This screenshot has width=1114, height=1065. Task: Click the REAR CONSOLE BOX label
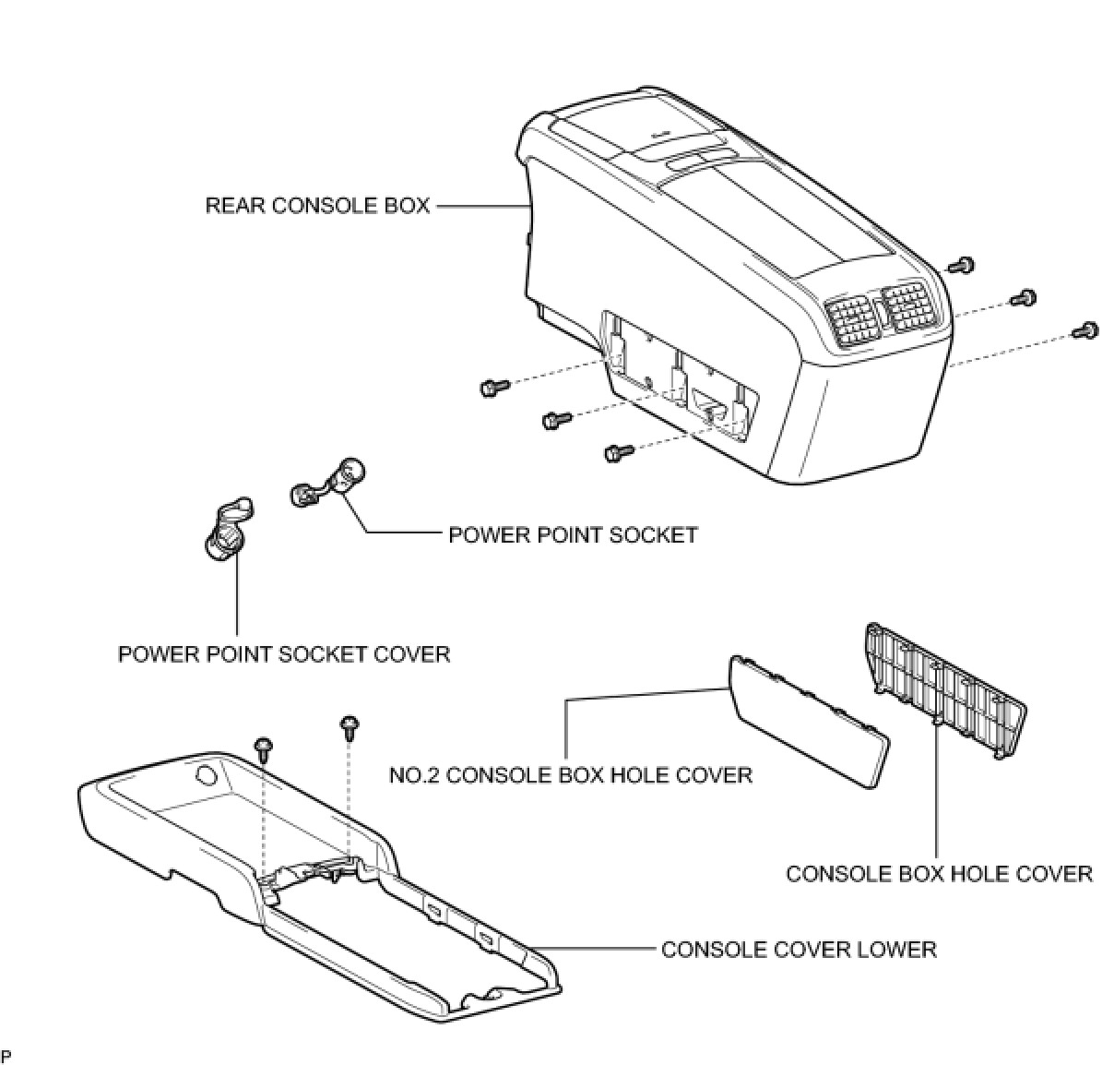point(317,205)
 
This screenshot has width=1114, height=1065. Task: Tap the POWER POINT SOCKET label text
point(573,534)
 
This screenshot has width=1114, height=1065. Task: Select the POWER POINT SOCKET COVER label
point(284,654)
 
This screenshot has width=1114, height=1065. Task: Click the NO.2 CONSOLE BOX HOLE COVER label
point(571,774)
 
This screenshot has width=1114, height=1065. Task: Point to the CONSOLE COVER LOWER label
point(799,950)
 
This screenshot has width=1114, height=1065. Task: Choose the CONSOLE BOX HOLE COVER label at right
point(939,873)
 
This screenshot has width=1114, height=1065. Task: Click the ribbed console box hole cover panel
point(944,688)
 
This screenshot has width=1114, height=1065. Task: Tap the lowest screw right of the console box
point(1087,329)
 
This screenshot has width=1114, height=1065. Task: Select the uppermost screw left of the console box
point(492,388)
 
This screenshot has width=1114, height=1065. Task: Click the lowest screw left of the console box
point(615,452)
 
